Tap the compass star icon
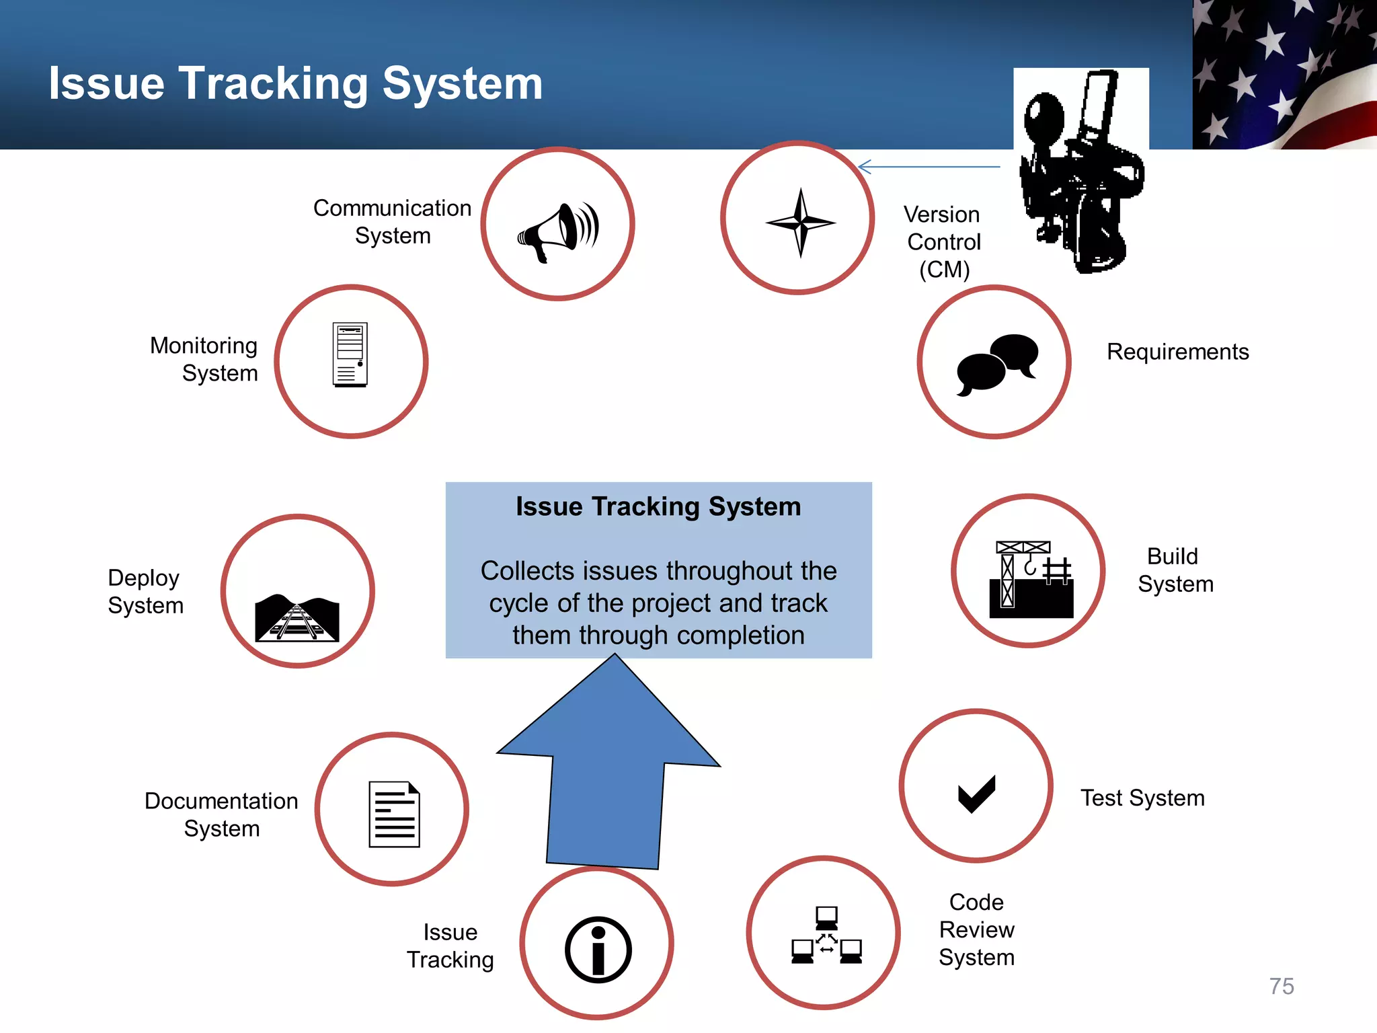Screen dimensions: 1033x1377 pos(800,223)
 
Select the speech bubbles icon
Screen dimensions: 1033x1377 pos(997,364)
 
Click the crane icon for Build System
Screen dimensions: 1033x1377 pos(1031,579)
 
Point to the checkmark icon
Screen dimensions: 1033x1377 pos(976,794)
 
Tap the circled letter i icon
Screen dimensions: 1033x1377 pos(598,949)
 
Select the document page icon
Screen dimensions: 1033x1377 pos(394,814)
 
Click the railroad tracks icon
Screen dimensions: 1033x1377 pos(297,617)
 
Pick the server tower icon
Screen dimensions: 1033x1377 pos(350,354)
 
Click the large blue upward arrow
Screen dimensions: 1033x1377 pos(609,767)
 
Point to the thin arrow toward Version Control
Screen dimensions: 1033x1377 pos(929,167)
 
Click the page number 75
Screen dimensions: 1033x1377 pos(1282,986)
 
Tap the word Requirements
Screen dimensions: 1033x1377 pos(1178,352)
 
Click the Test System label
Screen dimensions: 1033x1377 pos(1142,798)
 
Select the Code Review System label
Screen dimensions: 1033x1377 pos(976,929)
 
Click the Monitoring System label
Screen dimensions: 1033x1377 pos(204,359)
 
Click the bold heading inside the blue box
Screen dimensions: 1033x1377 pos(658,506)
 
